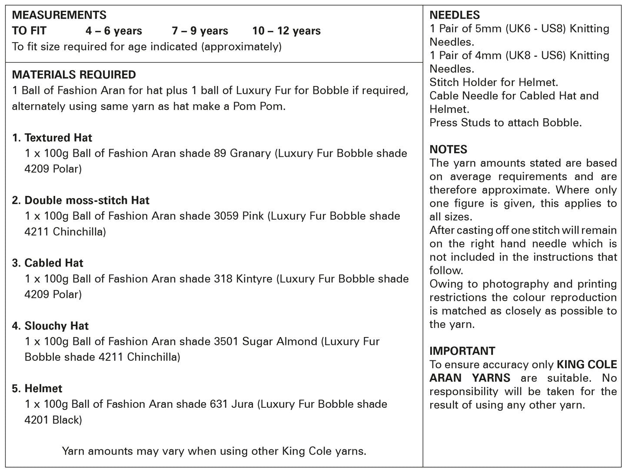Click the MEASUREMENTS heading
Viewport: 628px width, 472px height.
59,15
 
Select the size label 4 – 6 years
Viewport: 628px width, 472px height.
114,31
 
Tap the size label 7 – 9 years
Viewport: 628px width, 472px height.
200,31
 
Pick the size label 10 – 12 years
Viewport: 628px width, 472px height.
286,31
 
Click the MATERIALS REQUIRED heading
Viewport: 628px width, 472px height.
74,75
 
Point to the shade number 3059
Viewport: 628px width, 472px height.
226,216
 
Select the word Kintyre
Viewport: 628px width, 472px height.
254,279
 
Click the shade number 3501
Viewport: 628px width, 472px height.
226,341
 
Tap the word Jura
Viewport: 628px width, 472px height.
240,404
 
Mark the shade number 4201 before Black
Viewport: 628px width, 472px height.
37,420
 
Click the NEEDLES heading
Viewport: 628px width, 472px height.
455,15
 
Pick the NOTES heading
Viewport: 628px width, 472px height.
449,149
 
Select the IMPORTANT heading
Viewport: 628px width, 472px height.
462,351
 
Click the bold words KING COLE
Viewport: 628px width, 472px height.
587,364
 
